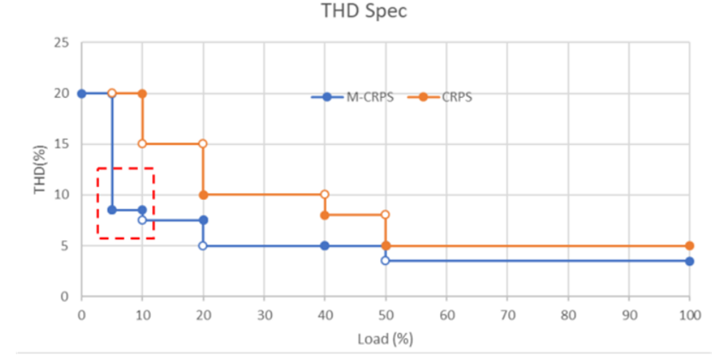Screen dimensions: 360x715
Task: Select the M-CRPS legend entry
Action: [x=352, y=98]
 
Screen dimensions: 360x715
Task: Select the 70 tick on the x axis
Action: [x=507, y=314]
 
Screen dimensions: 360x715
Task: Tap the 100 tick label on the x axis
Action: [x=689, y=314]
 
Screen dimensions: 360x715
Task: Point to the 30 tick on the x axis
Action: [x=264, y=314]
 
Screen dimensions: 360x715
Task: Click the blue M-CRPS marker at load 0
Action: [x=81, y=93]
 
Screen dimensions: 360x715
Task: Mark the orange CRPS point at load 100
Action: [x=689, y=246]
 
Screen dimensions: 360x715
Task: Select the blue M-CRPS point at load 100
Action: [x=689, y=261]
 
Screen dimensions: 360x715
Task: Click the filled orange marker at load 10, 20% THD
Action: [x=142, y=93]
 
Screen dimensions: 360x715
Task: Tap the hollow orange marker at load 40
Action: [x=324, y=194]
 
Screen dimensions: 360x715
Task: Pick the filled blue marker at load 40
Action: [x=324, y=246]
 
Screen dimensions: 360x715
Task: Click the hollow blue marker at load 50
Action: [x=385, y=261]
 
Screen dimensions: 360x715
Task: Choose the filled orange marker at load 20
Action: [x=203, y=194]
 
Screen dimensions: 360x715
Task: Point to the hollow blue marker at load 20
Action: [x=203, y=246]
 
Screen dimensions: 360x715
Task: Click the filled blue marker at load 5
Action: [x=111, y=210]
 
